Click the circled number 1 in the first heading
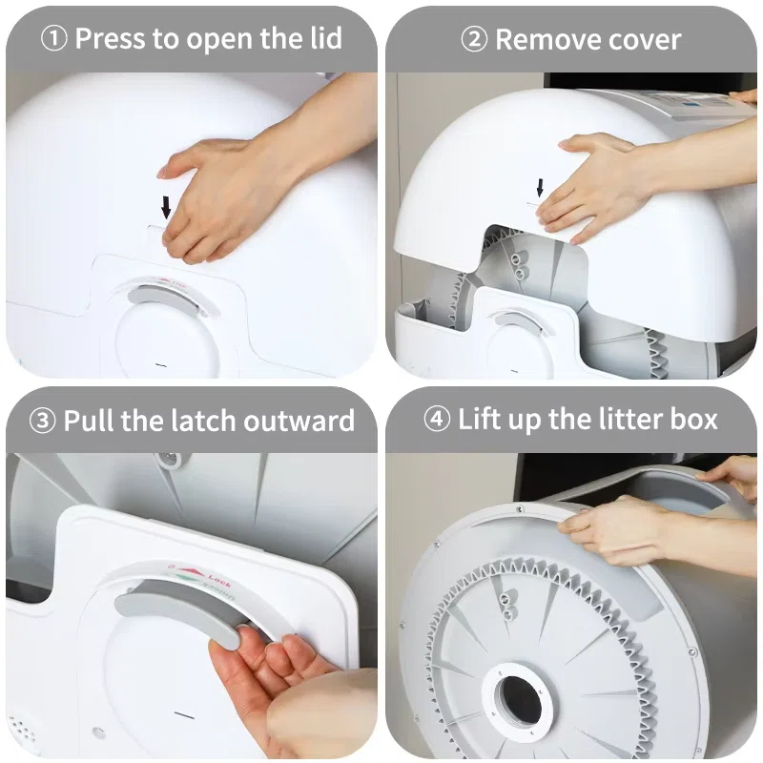(x=53, y=38)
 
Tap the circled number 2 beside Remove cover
(x=474, y=39)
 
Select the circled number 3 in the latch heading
(x=42, y=421)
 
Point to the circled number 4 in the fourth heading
(x=437, y=419)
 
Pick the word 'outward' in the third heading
(x=299, y=421)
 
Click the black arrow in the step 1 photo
(x=166, y=207)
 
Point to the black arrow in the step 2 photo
(x=540, y=188)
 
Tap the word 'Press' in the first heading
(x=112, y=38)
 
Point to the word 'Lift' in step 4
(x=481, y=419)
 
